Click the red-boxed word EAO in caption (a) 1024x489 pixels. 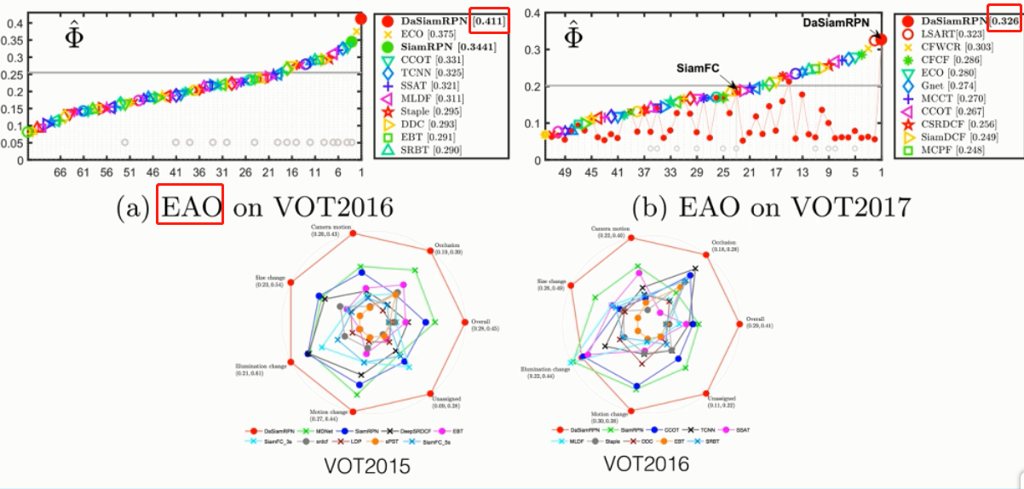[x=190, y=208]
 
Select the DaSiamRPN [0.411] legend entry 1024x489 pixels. [x=443, y=20]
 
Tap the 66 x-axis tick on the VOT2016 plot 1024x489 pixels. [x=60, y=171]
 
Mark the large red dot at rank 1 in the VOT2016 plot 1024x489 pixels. [x=360, y=19]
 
